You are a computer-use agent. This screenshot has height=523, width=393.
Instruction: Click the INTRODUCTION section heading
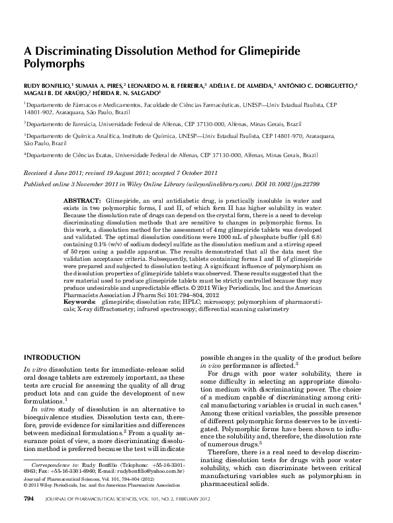point(52,357)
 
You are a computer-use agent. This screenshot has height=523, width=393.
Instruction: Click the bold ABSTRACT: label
point(81,199)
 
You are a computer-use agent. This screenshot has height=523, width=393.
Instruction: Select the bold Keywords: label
point(79,302)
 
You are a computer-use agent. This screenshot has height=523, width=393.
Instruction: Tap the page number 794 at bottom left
point(29,514)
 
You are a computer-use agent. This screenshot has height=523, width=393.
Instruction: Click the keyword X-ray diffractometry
point(95,308)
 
